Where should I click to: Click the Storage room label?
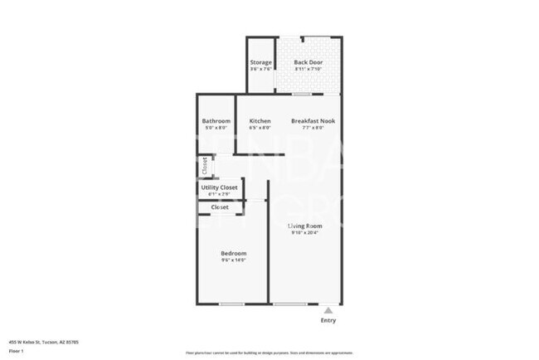click(x=261, y=62)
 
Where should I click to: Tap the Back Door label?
click(x=308, y=62)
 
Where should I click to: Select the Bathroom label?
click(x=216, y=121)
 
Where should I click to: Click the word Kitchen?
click(x=260, y=121)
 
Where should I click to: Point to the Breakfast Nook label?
click(x=313, y=121)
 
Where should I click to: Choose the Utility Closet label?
click(x=220, y=187)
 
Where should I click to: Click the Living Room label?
click(x=305, y=226)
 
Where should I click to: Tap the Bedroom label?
click(x=233, y=253)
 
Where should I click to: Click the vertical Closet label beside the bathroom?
click(x=204, y=165)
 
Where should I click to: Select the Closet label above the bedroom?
click(x=220, y=207)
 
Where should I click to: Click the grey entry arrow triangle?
click(x=328, y=310)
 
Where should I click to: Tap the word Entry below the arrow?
click(x=328, y=320)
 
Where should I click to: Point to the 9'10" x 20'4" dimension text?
click(x=305, y=233)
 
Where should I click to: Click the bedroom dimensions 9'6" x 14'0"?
click(x=233, y=260)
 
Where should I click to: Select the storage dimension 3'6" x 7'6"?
click(x=261, y=70)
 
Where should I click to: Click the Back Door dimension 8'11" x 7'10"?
click(x=308, y=70)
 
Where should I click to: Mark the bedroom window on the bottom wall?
click(x=231, y=304)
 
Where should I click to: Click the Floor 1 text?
click(x=17, y=350)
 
